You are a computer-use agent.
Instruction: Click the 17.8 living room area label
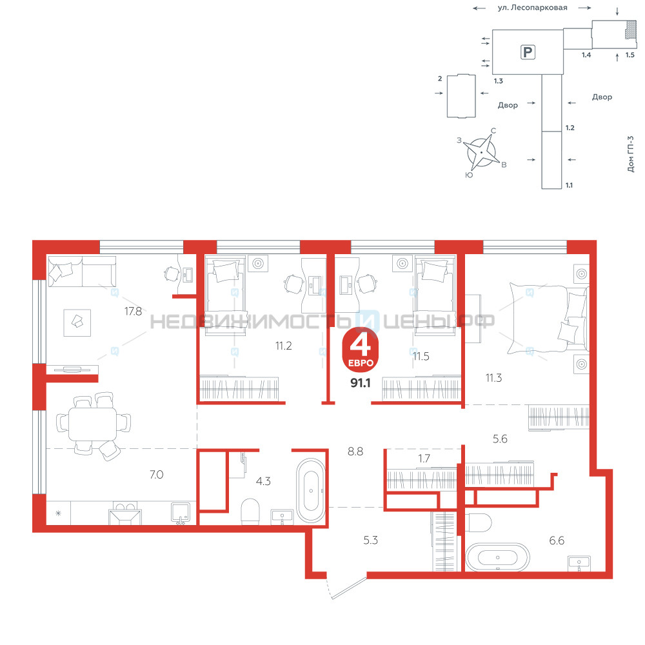[134, 312]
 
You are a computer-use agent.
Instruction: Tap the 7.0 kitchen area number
[156, 475]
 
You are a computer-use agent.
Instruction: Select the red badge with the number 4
[361, 350]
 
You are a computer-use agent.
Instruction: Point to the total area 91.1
[361, 383]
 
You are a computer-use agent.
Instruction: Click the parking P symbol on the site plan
[528, 52]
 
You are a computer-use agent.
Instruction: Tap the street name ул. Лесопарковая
[532, 7]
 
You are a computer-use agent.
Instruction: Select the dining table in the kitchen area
[92, 424]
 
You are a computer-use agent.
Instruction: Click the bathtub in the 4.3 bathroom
[311, 490]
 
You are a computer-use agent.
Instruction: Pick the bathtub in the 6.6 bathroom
[497, 557]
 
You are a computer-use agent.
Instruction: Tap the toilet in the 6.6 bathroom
[479, 523]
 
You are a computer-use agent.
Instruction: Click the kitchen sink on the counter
[181, 513]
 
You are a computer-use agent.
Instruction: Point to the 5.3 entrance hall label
[371, 540]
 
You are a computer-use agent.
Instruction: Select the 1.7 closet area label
[424, 458]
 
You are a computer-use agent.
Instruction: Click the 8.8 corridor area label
[355, 451]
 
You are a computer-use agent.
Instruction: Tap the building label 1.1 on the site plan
[569, 185]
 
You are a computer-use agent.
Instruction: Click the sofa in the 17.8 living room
[83, 271]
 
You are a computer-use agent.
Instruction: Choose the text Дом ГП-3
[631, 154]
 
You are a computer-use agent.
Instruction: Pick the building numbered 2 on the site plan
[461, 96]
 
